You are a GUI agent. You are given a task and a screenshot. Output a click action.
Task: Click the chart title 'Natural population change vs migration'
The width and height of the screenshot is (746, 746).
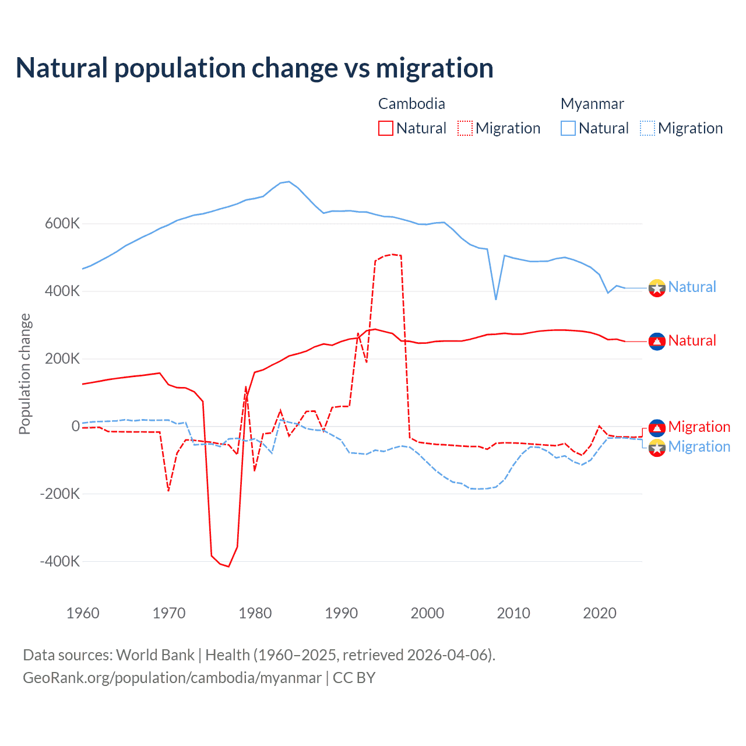[x=255, y=68]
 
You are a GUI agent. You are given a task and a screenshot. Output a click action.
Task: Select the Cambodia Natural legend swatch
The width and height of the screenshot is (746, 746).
[x=386, y=128]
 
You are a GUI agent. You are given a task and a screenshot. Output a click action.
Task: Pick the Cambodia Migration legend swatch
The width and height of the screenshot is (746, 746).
[x=465, y=128]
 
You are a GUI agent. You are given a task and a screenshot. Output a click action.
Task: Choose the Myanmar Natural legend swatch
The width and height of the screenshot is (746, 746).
[x=568, y=128]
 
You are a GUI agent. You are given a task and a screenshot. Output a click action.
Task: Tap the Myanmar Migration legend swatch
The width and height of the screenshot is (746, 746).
[x=648, y=128]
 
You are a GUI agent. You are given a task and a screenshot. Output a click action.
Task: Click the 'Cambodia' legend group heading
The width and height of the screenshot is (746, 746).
[x=411, y=104]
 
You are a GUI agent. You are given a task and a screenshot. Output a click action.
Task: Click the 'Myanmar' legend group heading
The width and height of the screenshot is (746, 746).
[x=592, y=104]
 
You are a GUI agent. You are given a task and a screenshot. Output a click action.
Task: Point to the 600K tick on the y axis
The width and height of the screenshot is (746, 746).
[x=62, y=224]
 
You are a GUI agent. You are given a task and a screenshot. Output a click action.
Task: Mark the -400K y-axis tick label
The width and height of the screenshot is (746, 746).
[x=60, y=562]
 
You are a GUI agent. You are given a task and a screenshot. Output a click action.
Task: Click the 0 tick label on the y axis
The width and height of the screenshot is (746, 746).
[x=76, y=427]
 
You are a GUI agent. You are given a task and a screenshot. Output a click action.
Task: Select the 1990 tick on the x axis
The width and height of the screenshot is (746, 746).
[x=342, y=613]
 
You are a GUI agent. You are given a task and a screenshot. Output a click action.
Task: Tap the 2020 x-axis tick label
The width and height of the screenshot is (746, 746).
[x=600, y=613]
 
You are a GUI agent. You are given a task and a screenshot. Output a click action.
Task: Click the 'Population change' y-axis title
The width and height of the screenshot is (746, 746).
[x=24, y=374]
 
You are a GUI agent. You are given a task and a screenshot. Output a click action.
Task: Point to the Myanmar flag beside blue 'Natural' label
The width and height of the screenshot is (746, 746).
[x=657, y=288]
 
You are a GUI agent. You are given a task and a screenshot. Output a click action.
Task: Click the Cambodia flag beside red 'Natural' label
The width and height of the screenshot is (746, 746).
[x=657, y=341]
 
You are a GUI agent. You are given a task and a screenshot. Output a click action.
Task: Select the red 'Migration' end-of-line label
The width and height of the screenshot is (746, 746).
[x=699, y=427]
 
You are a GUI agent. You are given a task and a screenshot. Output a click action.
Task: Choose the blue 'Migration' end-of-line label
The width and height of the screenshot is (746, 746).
[x=699, y=447]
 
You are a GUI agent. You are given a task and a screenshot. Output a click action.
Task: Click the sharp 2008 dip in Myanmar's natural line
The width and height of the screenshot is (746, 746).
[x=496, y=299]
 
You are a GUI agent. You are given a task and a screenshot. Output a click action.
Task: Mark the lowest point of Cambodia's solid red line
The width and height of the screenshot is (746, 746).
[x=228, y=566]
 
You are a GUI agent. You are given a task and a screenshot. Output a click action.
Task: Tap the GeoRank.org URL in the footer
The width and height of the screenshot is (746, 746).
[x=172, y=678]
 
